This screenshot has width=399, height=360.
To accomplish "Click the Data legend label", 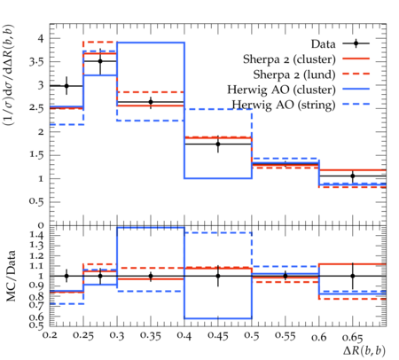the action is [324, 44].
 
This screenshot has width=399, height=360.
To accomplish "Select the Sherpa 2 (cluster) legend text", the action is [289, 59].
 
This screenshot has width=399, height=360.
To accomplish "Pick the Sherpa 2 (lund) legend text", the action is [294, 74].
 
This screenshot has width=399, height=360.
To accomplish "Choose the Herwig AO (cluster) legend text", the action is [281, 90].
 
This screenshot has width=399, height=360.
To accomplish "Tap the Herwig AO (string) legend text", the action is [284, 105].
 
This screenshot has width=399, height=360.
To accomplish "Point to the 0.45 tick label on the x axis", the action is [218, 336].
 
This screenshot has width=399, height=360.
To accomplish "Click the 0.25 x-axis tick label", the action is [83, 336].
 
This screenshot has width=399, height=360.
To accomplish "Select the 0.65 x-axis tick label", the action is [352, 337].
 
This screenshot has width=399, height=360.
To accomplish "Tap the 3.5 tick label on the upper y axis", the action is [36, 62].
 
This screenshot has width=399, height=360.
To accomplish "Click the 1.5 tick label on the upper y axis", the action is [36, 155].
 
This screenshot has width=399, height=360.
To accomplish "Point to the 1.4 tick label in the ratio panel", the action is [36, 236].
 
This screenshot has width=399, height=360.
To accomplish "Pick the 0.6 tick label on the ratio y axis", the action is [36, 317].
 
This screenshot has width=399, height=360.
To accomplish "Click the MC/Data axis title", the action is [11, 276].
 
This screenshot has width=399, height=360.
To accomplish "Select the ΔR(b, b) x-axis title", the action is [364, 351].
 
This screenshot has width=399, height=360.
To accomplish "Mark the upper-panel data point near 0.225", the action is [66, 86].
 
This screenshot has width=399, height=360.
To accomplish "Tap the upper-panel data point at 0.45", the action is [218, 145].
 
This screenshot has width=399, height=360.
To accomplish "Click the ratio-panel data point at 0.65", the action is [353, 276].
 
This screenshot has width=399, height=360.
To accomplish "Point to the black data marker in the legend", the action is [356, 43].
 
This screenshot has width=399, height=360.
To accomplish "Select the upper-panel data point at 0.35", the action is [151, 102].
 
